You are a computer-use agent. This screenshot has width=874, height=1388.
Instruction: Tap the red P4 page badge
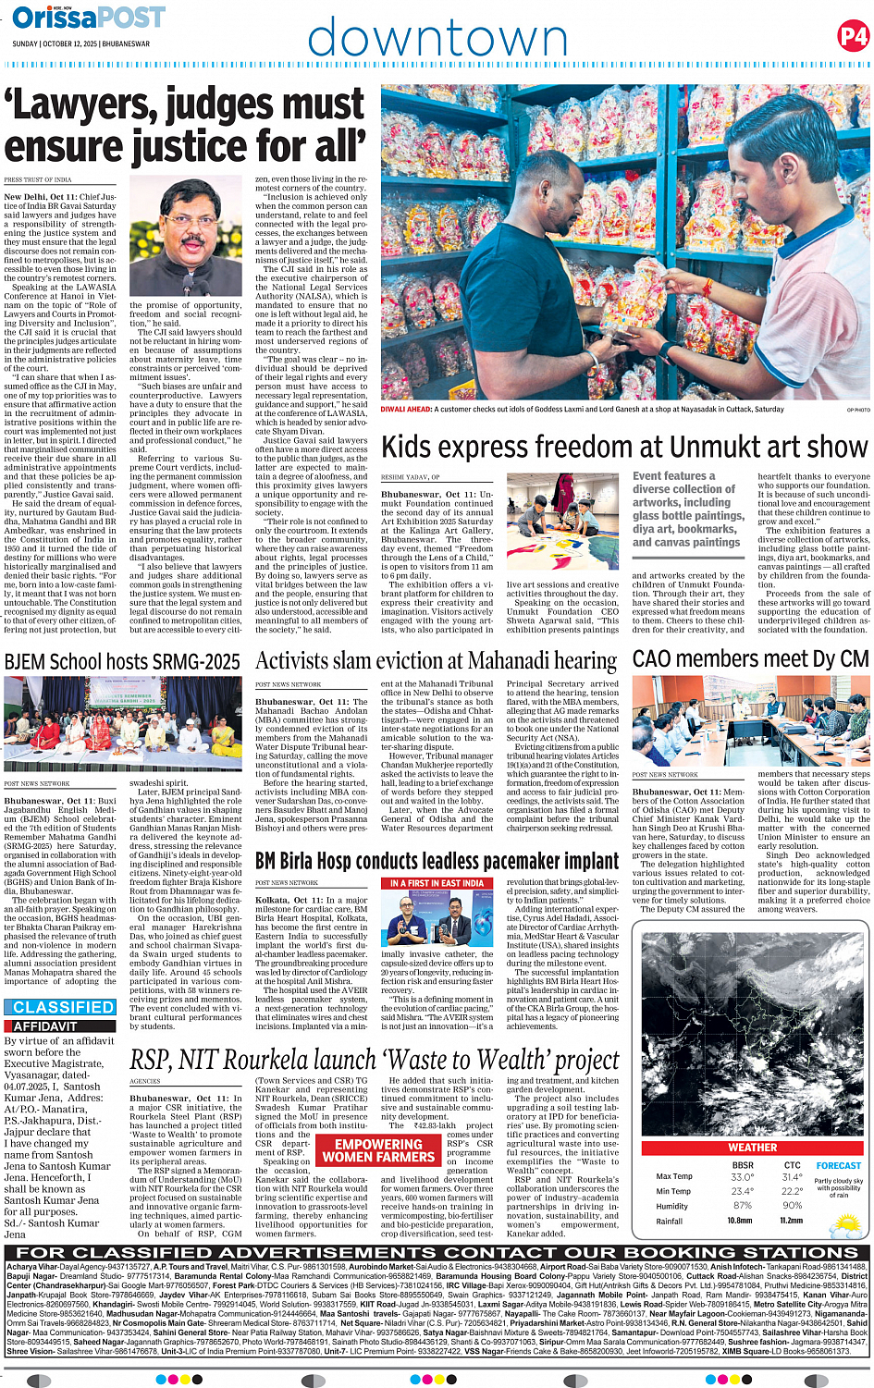coord(853,37)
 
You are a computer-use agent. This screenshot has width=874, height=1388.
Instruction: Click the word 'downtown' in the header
coord(437,39)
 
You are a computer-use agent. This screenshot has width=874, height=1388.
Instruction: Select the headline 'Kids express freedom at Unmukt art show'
coord(624,448)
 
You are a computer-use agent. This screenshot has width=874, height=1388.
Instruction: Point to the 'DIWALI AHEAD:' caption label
coord(406,409)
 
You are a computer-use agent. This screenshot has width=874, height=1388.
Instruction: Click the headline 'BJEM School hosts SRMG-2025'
coord(122,662)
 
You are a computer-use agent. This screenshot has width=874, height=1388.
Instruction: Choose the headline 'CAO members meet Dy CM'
coord(750,658)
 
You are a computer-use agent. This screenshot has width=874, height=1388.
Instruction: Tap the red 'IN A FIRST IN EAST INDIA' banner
coord(437,883)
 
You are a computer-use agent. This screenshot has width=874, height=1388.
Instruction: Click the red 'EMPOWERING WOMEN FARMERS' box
coord(378,1150)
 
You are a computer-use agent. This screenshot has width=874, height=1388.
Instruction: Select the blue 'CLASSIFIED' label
coord(63,1007)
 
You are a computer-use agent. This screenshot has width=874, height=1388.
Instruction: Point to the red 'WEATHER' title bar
coord(752,1148)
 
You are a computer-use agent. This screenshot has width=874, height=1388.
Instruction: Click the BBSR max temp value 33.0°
coord(742,1177)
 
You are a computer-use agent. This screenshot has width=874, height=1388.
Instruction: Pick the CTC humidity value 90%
coord(792,1206)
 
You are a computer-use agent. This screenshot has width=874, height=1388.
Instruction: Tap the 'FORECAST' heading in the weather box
coord(838,1166)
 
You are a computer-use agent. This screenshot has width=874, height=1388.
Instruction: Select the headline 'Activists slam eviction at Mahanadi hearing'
coord(436,661)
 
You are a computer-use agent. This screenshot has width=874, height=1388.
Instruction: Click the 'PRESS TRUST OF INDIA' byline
coord(38,180)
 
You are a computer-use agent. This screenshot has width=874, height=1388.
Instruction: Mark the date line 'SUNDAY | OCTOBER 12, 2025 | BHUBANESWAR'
coord(80,43)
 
